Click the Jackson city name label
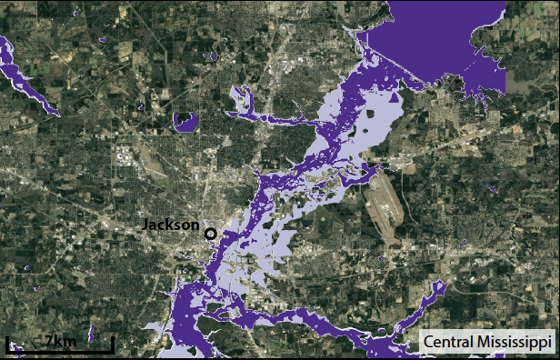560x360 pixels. click(x=171, y=225)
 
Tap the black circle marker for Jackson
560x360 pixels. click(x=211, y=234)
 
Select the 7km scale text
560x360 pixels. click(x=61, y=341)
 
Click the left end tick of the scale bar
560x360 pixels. click(x=8, y=344)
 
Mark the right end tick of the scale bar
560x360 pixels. click(x=113, y=344)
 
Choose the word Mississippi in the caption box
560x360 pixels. click(x=515, y=343)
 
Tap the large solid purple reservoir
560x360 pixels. click(x=427, y=45)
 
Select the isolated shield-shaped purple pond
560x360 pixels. click(x=186, y=122)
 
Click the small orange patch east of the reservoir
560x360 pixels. click(x=518, y=129)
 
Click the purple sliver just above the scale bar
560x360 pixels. click(x=92, y=333)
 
